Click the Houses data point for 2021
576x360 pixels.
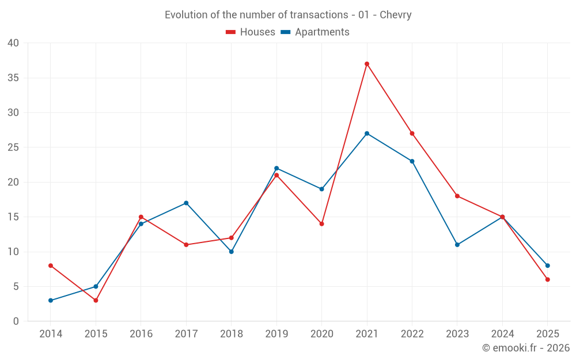point(367,64)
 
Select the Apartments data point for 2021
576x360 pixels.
point(367,134)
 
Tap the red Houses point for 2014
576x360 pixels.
point(51,266)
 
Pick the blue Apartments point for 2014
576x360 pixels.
point(51,300)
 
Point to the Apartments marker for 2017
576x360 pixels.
point(186,203)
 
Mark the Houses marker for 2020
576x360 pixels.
point(321,223)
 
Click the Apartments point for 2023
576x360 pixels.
point(457,245)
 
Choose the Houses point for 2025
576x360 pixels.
point(548,279)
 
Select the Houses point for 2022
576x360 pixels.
point(412,134)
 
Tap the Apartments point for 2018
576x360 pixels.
point(232,252)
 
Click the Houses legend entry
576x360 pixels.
point(251,32)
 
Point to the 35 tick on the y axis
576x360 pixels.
point(13,78)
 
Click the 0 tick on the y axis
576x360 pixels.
point(16,321)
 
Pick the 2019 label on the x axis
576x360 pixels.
point(276,334)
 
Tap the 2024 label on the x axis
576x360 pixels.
point(502,334)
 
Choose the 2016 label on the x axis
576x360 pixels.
point(141,334)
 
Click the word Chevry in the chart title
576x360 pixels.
point(396,15)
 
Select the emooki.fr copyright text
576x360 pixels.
point(525,348)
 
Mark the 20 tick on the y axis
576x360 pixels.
point(13,182)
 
